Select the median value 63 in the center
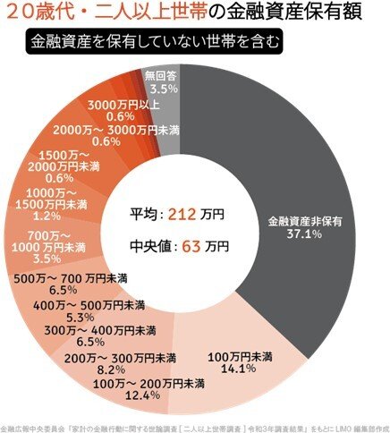tap(192, 245)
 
